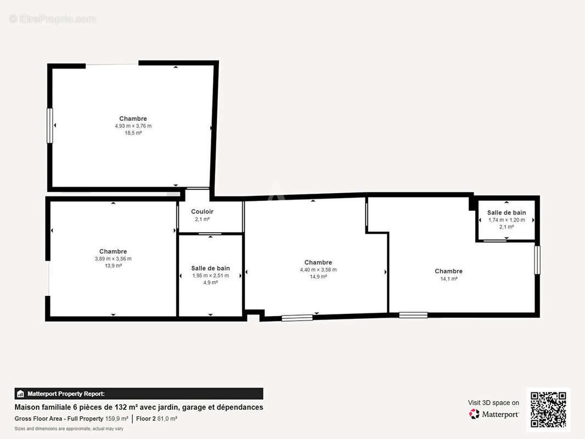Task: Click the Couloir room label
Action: (x=202, y=211)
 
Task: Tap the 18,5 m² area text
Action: (x=133, y=133)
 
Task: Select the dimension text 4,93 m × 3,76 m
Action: (x=133, y=126)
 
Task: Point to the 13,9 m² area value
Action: (x=113, y=266)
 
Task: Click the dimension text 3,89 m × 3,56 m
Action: (x=113, y=259)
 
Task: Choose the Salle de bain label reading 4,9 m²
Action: (x=210, y=268)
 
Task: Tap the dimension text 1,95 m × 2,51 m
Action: (x=210, y=275)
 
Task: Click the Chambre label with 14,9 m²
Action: (x=318, y=262)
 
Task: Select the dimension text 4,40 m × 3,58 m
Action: (x=318, y=269)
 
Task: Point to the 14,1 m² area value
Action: (x=448, y=279)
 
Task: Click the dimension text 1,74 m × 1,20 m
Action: (x=507, y=220)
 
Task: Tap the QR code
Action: (x=548, y=409)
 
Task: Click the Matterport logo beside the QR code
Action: (x=493, y=414)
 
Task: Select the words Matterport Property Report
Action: (x=66, y=393)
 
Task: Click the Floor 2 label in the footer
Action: (x=146, y=419)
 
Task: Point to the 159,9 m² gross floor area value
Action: (x=117, y=419)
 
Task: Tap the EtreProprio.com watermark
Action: (x=53, y=19)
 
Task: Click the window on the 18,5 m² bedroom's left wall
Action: (x=49, y=125)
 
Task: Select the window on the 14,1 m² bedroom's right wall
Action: (x=537, y=260)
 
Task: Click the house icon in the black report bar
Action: (x=20, y=393)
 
